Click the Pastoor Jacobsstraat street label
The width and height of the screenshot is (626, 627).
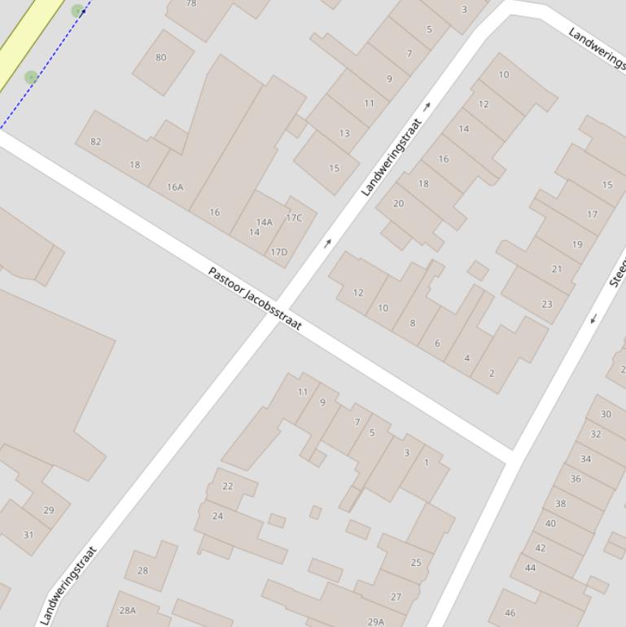click(255, 298)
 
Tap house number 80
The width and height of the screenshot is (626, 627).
click(160, 58)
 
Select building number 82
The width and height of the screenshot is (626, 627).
click(96, 142)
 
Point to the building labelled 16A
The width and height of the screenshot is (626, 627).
click(175, 187)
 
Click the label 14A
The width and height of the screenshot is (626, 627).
click(265, 222)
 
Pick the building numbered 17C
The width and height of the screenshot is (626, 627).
click(294, 218)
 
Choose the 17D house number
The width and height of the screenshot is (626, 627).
click(278, 252)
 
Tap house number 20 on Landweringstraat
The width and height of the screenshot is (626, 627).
click(398, 204)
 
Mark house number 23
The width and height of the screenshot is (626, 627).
click(546, 305)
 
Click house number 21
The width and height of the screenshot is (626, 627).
click(557, 269)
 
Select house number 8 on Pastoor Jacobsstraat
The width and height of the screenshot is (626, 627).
click(413, 323)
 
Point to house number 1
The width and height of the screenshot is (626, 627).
click(427, 463)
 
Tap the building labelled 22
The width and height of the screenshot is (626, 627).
click(228, 486)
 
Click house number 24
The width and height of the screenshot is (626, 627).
click(217, 516)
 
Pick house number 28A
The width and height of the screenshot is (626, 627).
click(127, 610)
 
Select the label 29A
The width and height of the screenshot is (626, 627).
click(375, 622)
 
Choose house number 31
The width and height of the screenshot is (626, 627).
click(28, 535)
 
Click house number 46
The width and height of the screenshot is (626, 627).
click(510, 613)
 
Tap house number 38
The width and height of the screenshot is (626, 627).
click(560, 504)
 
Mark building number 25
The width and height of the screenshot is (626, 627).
click(416, 563)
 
